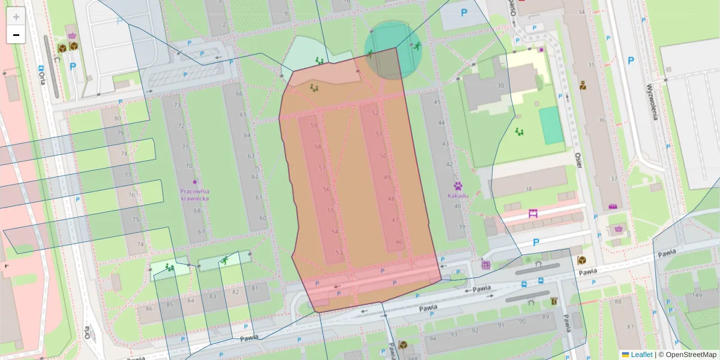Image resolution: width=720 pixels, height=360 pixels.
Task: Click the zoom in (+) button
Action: (16, 16)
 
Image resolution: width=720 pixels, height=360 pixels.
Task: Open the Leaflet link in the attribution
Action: (641, 355)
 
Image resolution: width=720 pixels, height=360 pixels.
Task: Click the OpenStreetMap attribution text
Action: (690, 355)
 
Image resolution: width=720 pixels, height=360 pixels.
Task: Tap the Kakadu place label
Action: (457, 195)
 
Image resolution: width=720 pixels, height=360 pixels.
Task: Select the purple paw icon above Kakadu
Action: (458, 186)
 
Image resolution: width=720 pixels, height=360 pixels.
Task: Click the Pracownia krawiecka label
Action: (194, 194)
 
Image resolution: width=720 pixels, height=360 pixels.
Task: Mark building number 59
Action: (313, 126)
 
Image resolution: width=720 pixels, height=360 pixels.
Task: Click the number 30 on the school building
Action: (500, 85)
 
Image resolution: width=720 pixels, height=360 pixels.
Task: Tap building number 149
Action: (697, 295)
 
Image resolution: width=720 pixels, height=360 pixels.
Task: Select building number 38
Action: (528, 189)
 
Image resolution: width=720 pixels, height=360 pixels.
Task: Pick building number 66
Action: (239, 94)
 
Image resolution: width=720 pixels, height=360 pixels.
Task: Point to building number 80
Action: (117, 118)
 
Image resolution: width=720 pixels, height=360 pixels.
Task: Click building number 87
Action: (629, 327)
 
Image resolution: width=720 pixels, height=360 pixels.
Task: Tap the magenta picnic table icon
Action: (532, 213)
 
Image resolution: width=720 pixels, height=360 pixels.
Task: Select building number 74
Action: (140, 244)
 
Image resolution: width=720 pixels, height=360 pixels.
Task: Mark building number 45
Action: (437, 102)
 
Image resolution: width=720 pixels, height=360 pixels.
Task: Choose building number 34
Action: (581, 12)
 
